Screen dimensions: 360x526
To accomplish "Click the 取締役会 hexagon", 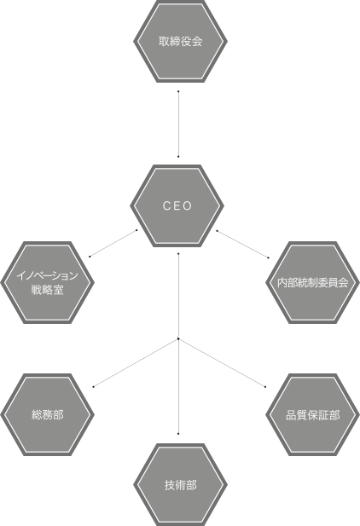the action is pos(180,41).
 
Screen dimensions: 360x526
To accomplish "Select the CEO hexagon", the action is pos(177,205).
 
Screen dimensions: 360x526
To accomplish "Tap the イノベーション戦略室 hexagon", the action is pos(48,282).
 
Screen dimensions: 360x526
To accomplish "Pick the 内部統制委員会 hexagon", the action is pos(312,282).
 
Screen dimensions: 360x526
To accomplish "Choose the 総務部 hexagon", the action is pos(48,414).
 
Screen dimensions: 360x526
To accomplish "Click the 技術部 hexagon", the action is pos(180,485).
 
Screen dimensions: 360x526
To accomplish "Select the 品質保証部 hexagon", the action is pos(312,414).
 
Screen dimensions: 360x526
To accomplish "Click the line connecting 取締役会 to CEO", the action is pos(178,124).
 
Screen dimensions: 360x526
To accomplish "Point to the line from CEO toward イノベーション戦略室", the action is pos(113,243).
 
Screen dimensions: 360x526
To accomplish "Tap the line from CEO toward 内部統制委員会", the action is pos(242,244).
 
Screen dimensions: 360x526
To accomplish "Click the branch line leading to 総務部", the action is pos(136,363).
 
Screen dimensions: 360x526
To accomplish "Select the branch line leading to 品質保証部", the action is pos(222,363).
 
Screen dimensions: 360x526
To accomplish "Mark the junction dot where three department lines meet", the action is pos(178,338).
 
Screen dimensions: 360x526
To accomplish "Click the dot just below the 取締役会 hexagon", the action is pos(178,91).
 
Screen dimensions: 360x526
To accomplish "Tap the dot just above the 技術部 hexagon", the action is pos(178,434).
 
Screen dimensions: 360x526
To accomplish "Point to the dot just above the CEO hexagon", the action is pos(178,157).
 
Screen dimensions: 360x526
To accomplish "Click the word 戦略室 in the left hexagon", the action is pos(48,290).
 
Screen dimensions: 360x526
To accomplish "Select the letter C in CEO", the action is pos(165,205).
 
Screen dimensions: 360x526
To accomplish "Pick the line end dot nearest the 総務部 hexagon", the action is pos(93,387).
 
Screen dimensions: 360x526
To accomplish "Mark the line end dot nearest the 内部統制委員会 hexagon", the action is pos(269,258).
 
